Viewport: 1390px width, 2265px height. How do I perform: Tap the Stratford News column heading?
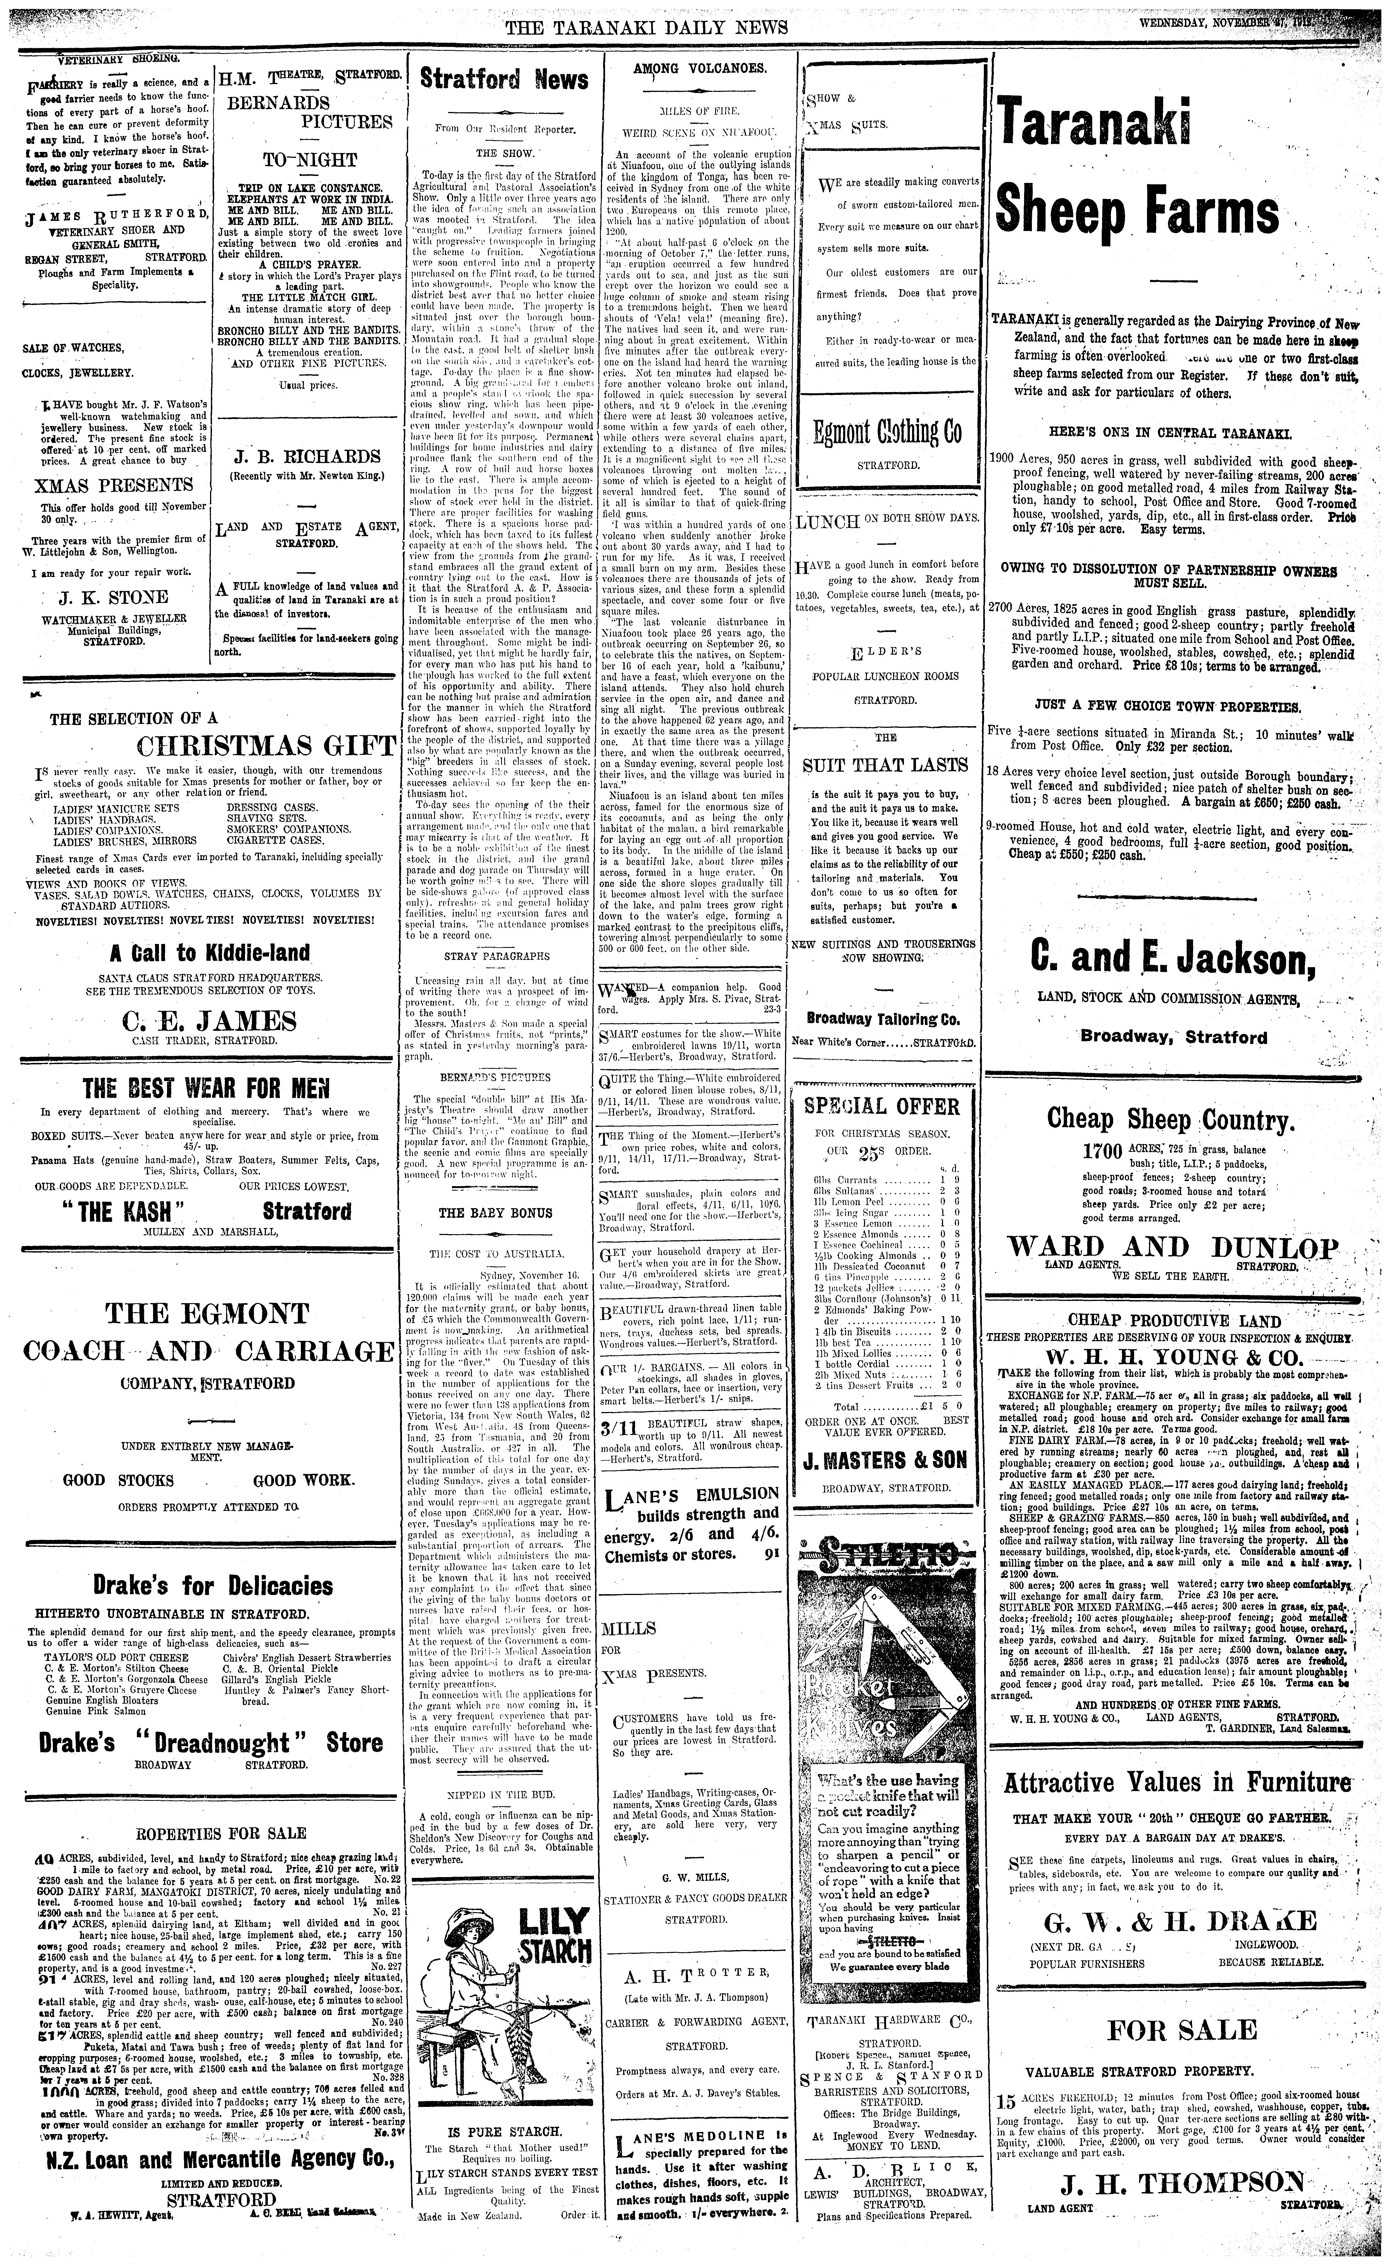pyautogui.click(x=504, y=80)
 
